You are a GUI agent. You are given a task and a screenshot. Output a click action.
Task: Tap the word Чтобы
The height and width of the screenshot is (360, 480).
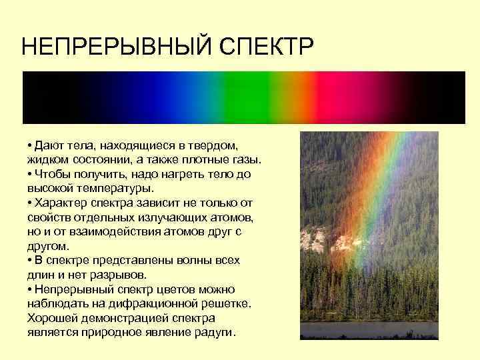pyautogui.click(x=52, y=174)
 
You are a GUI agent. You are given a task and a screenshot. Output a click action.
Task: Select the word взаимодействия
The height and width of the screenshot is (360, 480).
pyautogui.click(x=107, y=231)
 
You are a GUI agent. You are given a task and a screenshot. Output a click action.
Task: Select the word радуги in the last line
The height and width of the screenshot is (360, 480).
pyautogui.click(x=216, y=332)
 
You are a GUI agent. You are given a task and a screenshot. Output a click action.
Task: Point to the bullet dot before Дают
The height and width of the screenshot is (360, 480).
pyautogui.click(x=30, y=146)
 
